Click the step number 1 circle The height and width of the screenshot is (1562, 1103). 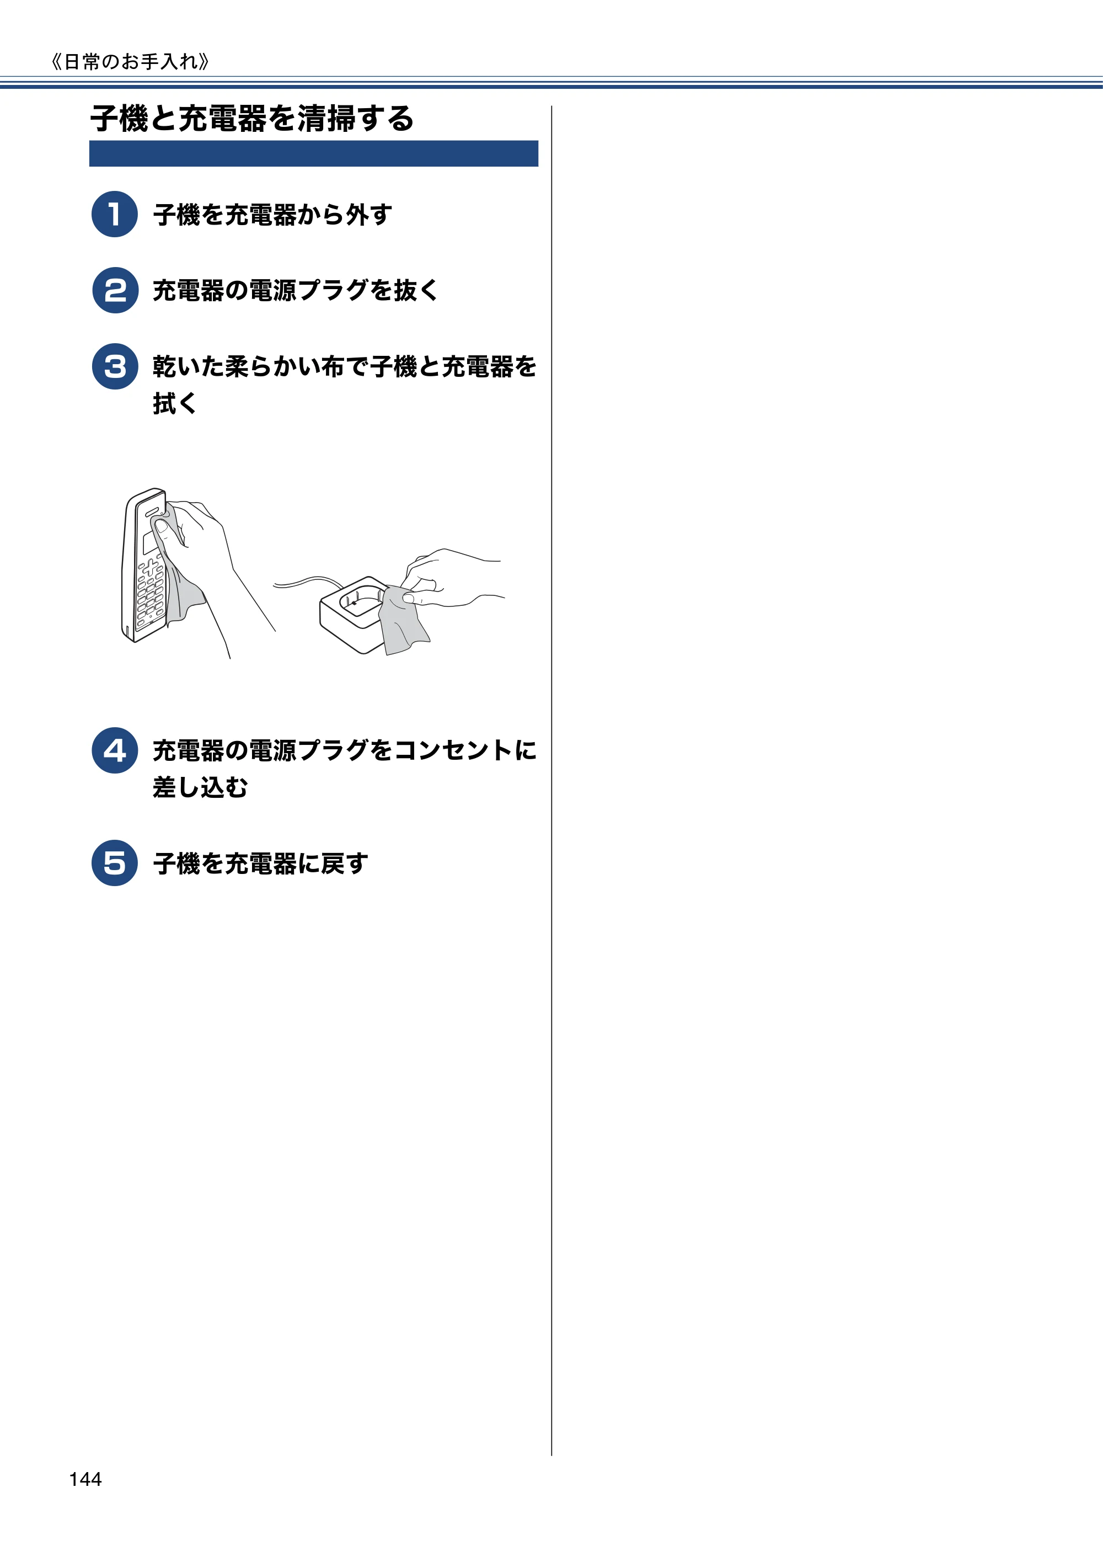[x=115, y=214]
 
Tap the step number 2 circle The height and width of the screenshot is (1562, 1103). [x=115, y=290]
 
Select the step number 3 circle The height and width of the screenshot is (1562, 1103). [x=115, y=367]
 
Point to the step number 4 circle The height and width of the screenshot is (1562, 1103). [x=115, y=750]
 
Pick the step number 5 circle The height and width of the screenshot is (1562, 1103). [x=115, y=863]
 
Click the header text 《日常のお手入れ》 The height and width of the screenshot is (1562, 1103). [x=130, y=62]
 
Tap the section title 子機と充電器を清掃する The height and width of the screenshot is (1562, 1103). [x=252, y=119]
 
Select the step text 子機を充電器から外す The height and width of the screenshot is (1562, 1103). [x=272, y=214]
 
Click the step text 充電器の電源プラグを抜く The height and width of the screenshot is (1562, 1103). [x=296, y=290]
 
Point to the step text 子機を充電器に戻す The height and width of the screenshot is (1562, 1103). [x=260, y=864]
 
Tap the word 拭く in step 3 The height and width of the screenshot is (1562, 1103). [x=175, y=403]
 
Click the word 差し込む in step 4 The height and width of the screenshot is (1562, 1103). [x=201, y=787]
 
